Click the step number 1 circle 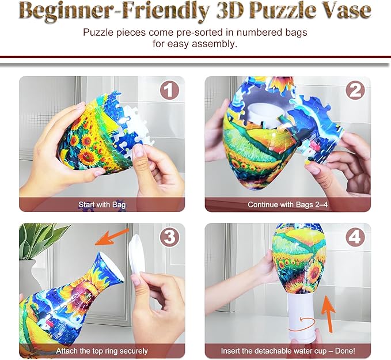169,90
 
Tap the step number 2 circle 355,90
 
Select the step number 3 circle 169,237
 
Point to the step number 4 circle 355,237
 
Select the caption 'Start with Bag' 102,205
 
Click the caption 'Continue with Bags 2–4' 288,204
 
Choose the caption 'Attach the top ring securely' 102,351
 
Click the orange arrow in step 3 112,237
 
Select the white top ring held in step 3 136,253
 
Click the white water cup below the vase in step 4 302,317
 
